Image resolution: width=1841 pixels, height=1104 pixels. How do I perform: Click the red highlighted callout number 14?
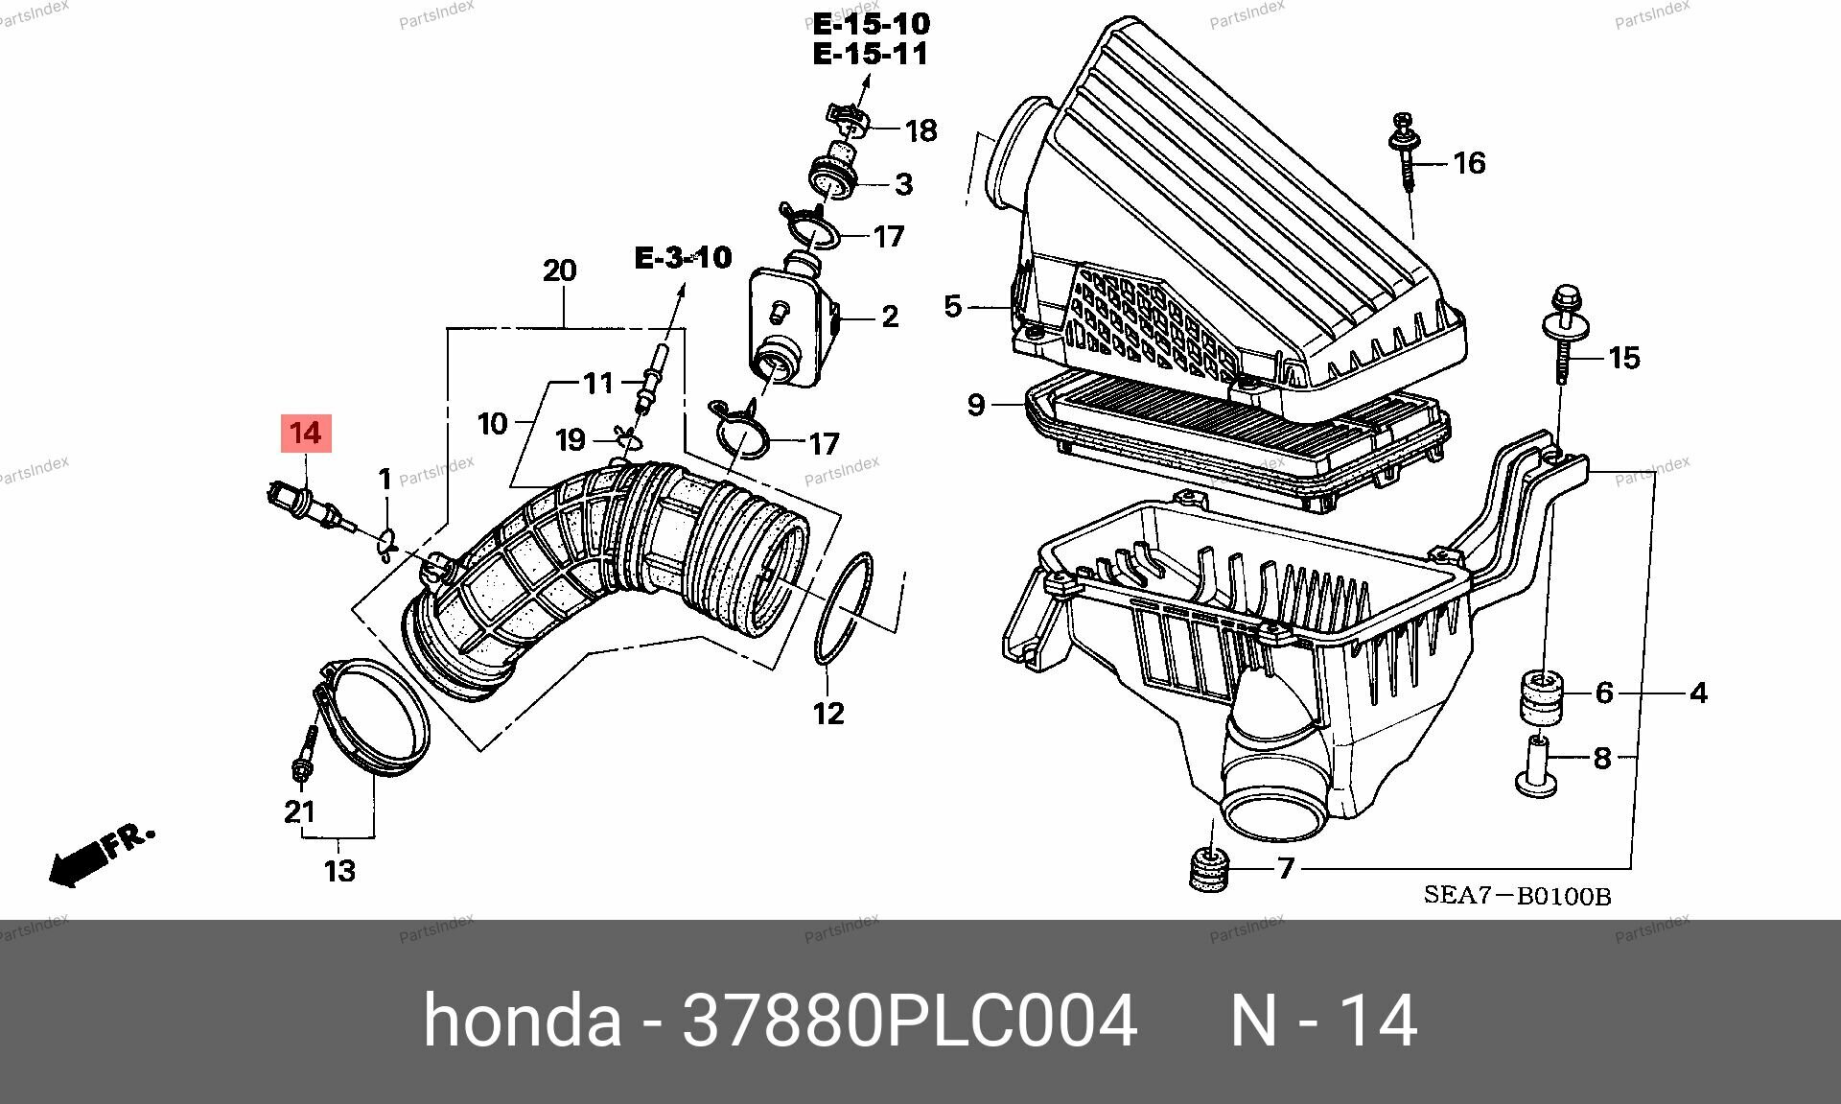[x=306, y=433]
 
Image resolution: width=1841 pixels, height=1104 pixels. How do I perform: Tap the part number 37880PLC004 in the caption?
[x=909, y=1021]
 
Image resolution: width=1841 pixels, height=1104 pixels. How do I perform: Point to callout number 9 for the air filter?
[x=976, y=406]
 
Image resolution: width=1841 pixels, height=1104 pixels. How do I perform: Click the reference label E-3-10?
[x=684, y=257]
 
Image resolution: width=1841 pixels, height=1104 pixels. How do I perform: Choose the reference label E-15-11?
[x=871, y=54]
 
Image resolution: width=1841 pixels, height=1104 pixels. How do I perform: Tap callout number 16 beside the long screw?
[x=1469, y=163]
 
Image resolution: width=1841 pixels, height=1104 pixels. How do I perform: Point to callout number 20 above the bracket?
[x=560, y=270]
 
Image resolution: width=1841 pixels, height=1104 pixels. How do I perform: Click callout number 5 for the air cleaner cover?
[x=952, y=307]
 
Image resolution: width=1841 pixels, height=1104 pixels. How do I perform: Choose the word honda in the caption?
[x=522, y=1021]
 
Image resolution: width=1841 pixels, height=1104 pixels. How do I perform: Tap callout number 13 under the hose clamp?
[x=340, y=871]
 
